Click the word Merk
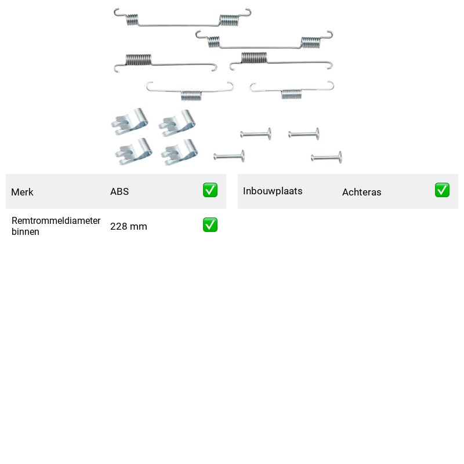coord(22,192)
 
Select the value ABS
coord(119,191)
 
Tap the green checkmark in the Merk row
coord(210,190)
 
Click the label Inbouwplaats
coord(273,191)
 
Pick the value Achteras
coord(361,192)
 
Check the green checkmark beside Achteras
coord(442,190)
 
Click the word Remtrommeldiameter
coord(56,220)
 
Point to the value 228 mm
coord(128,226)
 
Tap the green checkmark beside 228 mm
coord(210,225)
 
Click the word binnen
coord(25,231)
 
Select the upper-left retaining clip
coord(130,122)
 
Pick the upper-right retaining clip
coord(177,124)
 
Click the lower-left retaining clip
coord(134,151)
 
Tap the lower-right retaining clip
coord(179,153)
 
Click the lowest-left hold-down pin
coord(229,156)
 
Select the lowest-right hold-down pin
coord(327,157)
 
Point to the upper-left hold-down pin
coord(256,134)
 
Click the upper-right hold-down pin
coord(304,134)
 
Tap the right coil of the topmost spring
coord(229,20)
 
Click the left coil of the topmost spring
coord(132,20)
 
